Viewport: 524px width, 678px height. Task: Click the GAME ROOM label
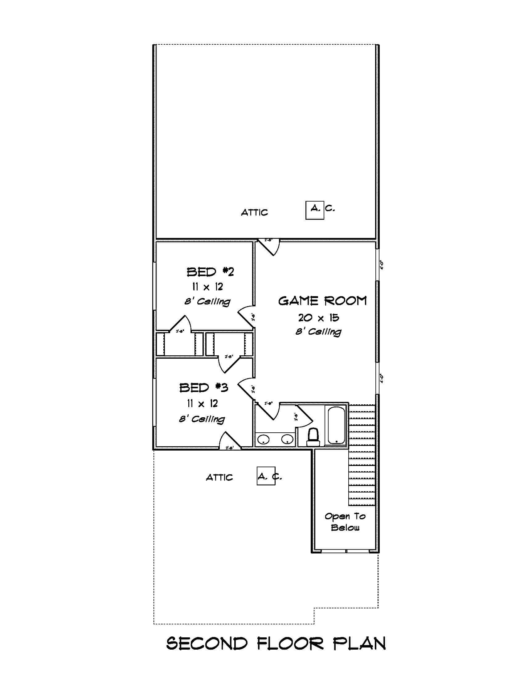(x=322, y=301)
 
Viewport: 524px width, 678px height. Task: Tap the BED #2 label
(x=210, y=272)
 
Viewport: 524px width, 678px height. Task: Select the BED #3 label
(x=204, y=388)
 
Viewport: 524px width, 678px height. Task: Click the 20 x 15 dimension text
(x=318, y=317)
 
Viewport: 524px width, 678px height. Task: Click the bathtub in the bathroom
(x=336, y=425)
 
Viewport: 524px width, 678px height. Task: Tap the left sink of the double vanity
(x=264, y=439)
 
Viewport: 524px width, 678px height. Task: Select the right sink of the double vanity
(x=287, y=439)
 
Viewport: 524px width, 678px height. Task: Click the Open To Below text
(x=345, y=521)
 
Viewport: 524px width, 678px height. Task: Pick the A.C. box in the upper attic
(x=314, y=210)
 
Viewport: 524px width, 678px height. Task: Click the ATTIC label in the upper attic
(x=254, y=213)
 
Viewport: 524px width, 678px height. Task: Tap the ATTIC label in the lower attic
(x=219, y=477)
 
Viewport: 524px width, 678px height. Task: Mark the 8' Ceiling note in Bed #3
(x=202, y=419)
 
